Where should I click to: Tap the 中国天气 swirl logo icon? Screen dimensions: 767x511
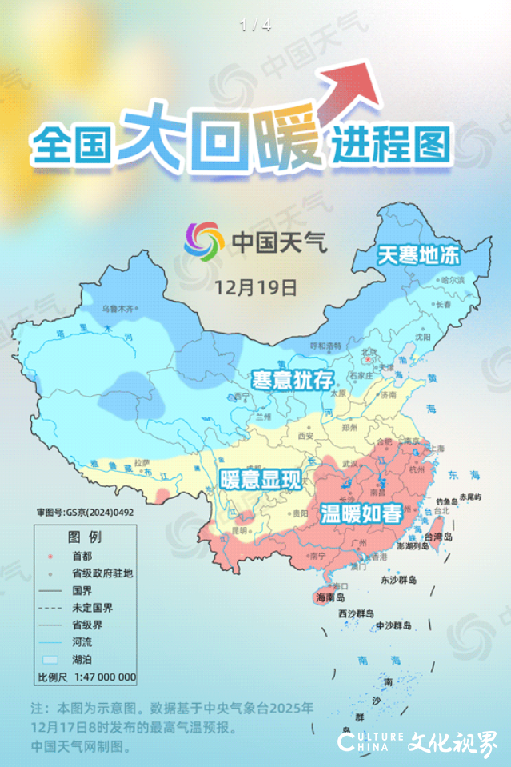204,240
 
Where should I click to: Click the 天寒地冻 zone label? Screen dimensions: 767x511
419,256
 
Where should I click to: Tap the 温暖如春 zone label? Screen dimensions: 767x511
361,514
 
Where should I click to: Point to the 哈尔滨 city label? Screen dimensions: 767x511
453,281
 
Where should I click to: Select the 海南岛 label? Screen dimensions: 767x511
329,597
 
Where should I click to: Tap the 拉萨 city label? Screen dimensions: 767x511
142,462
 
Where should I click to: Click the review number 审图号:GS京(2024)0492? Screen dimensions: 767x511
81,510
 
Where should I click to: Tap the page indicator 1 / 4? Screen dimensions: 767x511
255,26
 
